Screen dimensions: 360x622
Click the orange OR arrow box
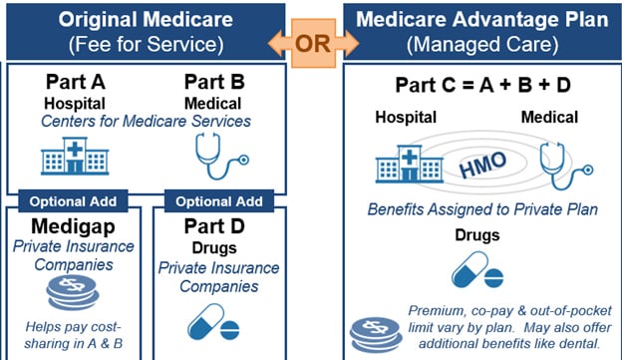(x=310, y=43)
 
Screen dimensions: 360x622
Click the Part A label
(x=76, y=82)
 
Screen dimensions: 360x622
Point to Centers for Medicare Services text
(x=148, y=122)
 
